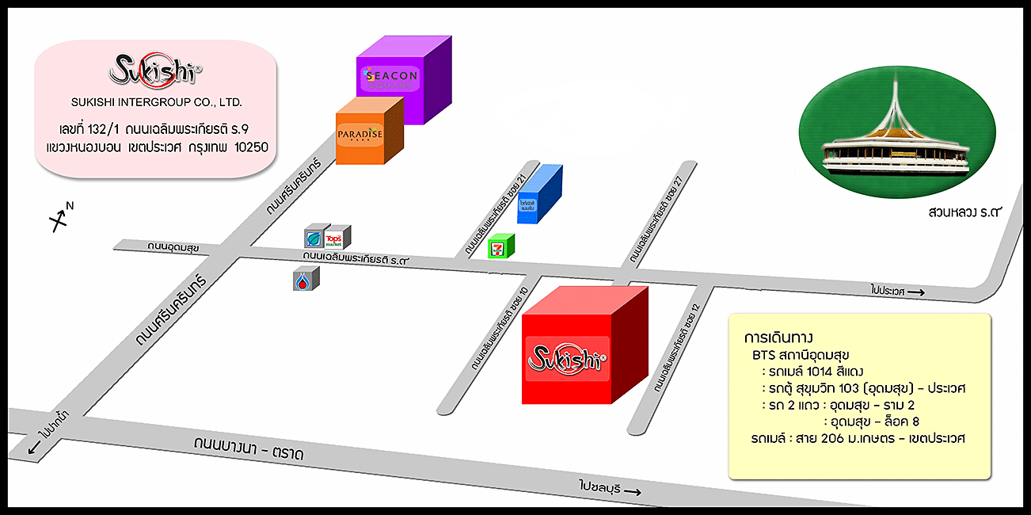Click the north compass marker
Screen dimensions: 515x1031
coord(60,219)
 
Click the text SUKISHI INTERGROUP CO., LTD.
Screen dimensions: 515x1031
coord(157,103)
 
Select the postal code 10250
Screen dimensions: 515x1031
coord(251,148)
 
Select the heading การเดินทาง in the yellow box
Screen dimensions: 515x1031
coord(779,336)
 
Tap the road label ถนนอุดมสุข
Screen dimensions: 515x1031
coord(173,247)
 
